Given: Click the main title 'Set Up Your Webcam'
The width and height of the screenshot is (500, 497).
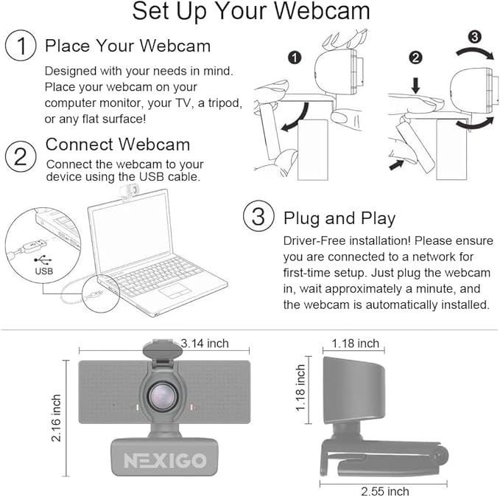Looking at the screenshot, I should point(251,13).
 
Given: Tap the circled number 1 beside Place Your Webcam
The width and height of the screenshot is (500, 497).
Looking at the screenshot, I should point(21,46).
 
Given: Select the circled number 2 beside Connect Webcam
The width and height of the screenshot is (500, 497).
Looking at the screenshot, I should point(21,156).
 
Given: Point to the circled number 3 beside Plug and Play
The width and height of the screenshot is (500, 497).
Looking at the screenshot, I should point(258,218).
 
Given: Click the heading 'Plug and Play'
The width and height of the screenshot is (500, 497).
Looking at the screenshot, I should point(339,218).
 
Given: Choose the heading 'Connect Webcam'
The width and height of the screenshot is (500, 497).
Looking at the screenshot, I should point(118,145).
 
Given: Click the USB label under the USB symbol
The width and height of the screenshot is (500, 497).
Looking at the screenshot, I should point(44,271).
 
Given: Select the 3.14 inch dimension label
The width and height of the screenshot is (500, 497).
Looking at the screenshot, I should point(205,342).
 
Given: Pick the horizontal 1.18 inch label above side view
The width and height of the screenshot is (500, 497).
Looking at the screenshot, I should point(355,343).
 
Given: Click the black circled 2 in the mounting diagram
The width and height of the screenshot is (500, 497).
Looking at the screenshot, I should point(415,58).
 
